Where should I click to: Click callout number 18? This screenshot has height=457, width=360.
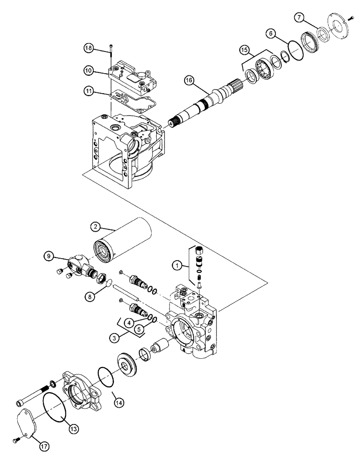tap(89, 47)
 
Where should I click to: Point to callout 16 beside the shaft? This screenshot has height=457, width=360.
tap(190, 81)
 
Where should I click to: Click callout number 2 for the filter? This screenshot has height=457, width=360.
tap(95, 226)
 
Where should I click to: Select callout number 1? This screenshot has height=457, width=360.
tap(176, 265)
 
